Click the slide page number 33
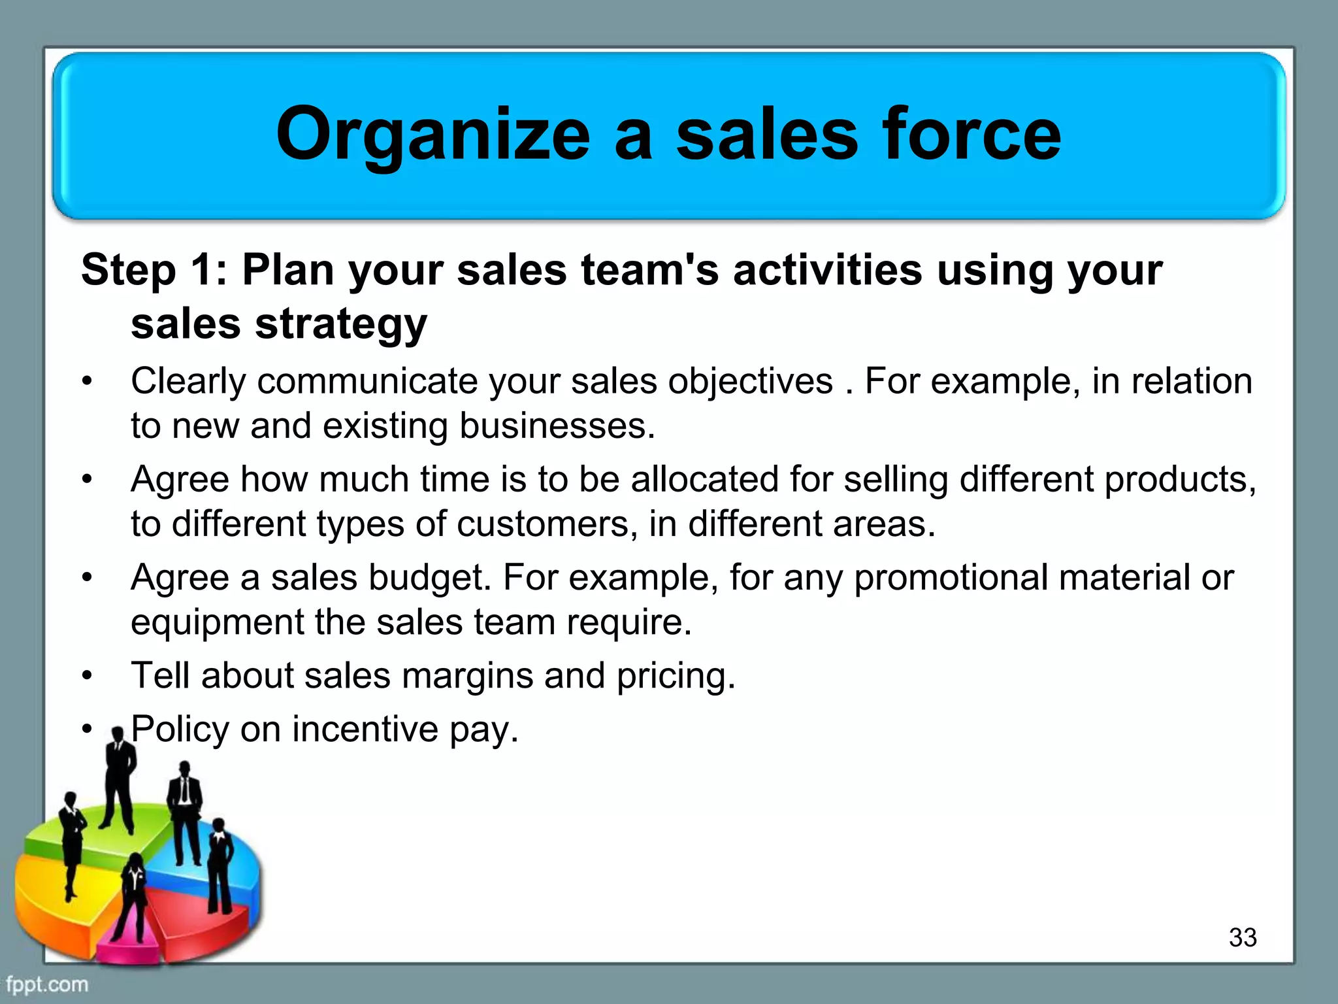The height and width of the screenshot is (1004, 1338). click(x=1242, y=937)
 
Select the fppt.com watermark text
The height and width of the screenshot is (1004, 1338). click(x=46, y=984)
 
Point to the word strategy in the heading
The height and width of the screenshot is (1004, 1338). click(x=340, y=325)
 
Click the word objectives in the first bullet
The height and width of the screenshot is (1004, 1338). click(x=750, y=382)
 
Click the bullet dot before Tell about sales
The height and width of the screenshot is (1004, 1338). click(x=88, y=675)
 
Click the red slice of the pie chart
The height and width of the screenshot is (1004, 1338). click(x=196, y=915)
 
